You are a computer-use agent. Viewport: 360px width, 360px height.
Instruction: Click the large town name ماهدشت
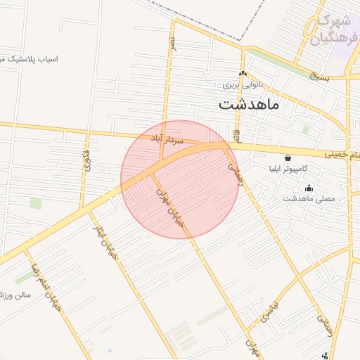tap(249, 105)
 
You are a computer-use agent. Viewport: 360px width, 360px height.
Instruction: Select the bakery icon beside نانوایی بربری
tap(243, 74)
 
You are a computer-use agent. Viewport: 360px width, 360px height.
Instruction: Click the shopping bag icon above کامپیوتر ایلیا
tap(288, 158)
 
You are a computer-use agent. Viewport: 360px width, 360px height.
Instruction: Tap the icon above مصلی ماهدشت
tap(309, 188)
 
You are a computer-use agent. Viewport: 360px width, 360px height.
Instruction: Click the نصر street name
tap(172, 44)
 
